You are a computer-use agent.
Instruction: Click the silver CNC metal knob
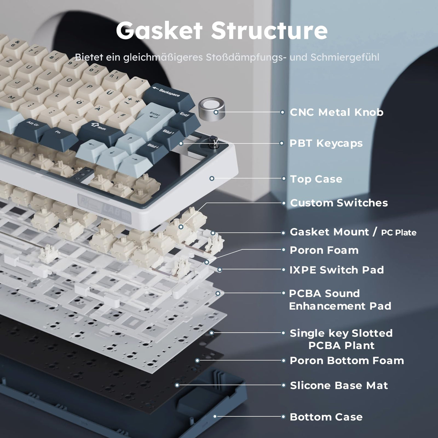(211, 108)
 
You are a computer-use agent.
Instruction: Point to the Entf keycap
(185, 116)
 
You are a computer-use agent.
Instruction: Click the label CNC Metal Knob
(336, 112)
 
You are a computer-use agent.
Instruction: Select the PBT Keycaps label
(326, 143)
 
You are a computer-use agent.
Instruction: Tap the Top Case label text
(316, 179)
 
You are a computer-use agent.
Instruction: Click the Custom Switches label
(339, 203)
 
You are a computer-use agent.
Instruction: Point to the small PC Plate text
(399, 233)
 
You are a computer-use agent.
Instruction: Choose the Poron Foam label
(324, 250)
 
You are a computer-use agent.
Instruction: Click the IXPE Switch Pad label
(337, 270)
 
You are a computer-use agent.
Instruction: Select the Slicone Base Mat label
(339, 385)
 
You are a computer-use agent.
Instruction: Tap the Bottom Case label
(326, 417)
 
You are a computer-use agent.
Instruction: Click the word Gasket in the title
(159, 30)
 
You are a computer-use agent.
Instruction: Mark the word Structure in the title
(269, 30)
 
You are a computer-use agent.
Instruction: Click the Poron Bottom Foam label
(347, 361)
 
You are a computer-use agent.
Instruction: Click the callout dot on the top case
(212, 178)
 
